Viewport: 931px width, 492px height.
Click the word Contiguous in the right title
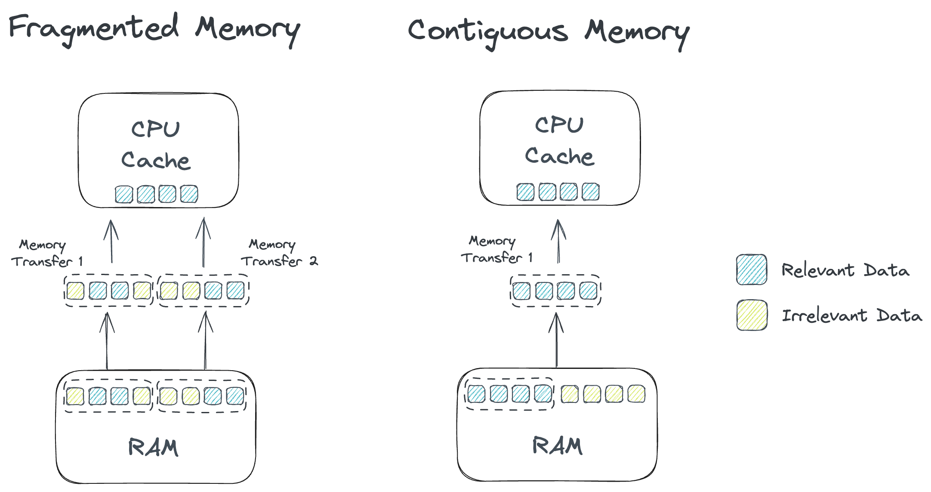[x=488, y=31]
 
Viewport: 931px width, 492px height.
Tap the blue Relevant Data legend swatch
[x=751, y=270]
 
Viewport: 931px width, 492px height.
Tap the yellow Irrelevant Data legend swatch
[x=752, y=315]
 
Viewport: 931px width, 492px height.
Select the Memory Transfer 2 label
[x=279, y=253]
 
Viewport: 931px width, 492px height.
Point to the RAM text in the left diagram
[x=153, y=447]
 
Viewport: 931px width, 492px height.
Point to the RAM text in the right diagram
[x=557, y=446]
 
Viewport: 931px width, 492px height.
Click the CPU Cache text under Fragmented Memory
[x=156, y=145]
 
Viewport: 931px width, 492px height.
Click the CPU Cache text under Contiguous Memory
[x=559, y=141]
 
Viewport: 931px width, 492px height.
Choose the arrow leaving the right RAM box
[x=556, y=340]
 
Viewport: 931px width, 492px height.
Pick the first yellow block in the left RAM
[x=75, y=396]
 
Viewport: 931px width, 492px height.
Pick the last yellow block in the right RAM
[x=636, y=394]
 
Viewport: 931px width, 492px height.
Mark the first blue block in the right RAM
[x=476, y=394]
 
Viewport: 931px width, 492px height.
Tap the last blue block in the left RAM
[x=235, y=396]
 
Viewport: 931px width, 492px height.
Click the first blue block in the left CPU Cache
[x=124, y=194]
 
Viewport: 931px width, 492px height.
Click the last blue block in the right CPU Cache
[x=590, y=192]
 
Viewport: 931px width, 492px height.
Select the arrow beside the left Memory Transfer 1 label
[x=111, y=241]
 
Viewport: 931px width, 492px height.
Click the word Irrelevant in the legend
[x=823, y=316]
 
